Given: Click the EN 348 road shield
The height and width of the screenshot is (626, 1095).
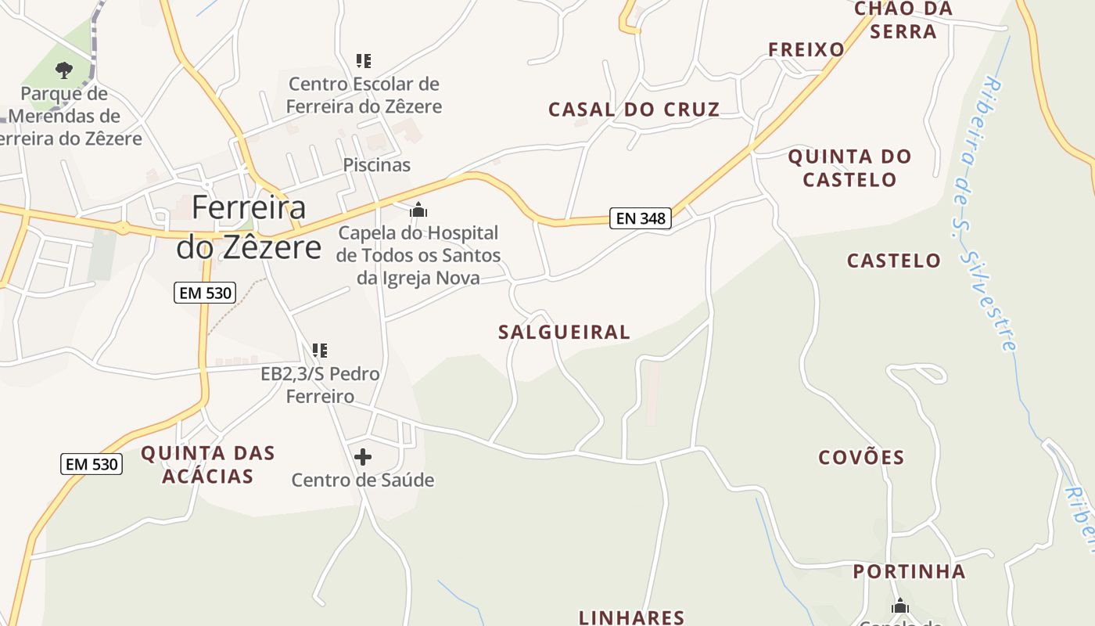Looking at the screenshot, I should point(641,218).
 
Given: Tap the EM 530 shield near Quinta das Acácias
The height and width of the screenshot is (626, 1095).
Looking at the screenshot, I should point(92,464).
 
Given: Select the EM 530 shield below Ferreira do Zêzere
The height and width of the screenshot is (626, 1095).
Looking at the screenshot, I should point(204,293).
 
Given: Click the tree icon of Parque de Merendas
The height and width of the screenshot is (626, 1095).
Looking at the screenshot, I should point(64,70).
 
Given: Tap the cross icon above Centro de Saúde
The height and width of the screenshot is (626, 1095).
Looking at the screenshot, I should point(363,457).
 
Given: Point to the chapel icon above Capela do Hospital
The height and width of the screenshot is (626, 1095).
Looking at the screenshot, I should point(418,210).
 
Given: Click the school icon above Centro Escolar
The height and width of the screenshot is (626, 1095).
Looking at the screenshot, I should point(363,60).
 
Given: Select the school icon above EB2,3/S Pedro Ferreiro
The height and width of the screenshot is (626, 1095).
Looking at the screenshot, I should point(319,350).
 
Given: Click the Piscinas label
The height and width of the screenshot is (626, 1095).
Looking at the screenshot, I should point(377,165).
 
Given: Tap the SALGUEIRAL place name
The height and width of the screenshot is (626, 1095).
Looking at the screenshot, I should point(564,332).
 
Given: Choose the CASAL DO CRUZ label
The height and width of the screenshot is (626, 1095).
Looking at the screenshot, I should point(634,110).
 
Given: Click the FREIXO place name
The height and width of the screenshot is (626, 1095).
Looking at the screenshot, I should point(806,50).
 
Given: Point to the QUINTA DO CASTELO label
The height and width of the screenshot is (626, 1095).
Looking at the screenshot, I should point(849,167).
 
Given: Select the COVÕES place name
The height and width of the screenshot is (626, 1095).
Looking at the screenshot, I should point(861,457).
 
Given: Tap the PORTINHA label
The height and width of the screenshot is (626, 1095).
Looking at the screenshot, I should point(909,571).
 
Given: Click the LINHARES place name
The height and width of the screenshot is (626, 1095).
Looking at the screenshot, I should point(632,617).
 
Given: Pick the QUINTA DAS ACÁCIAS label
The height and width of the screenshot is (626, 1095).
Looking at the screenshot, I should point(208,464).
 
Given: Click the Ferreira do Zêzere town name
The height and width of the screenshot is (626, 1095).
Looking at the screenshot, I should point(249,227).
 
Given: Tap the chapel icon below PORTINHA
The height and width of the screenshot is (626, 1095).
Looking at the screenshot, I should point(900,606).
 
